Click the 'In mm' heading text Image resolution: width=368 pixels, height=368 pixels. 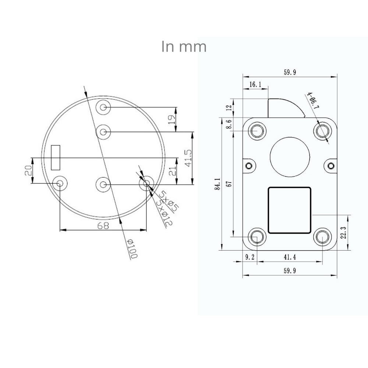184,47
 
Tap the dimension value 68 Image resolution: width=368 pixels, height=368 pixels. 103,226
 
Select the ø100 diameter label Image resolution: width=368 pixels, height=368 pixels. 131,248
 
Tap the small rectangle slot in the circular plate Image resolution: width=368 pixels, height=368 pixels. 56,158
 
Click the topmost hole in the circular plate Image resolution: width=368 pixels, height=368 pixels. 103,107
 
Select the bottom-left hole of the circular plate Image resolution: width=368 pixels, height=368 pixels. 60,183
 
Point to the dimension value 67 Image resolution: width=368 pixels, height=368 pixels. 229,184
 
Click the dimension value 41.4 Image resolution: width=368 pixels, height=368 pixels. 290,258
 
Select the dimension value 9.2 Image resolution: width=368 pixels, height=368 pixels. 250,258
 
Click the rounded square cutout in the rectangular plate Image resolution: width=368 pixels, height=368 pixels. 290,210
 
